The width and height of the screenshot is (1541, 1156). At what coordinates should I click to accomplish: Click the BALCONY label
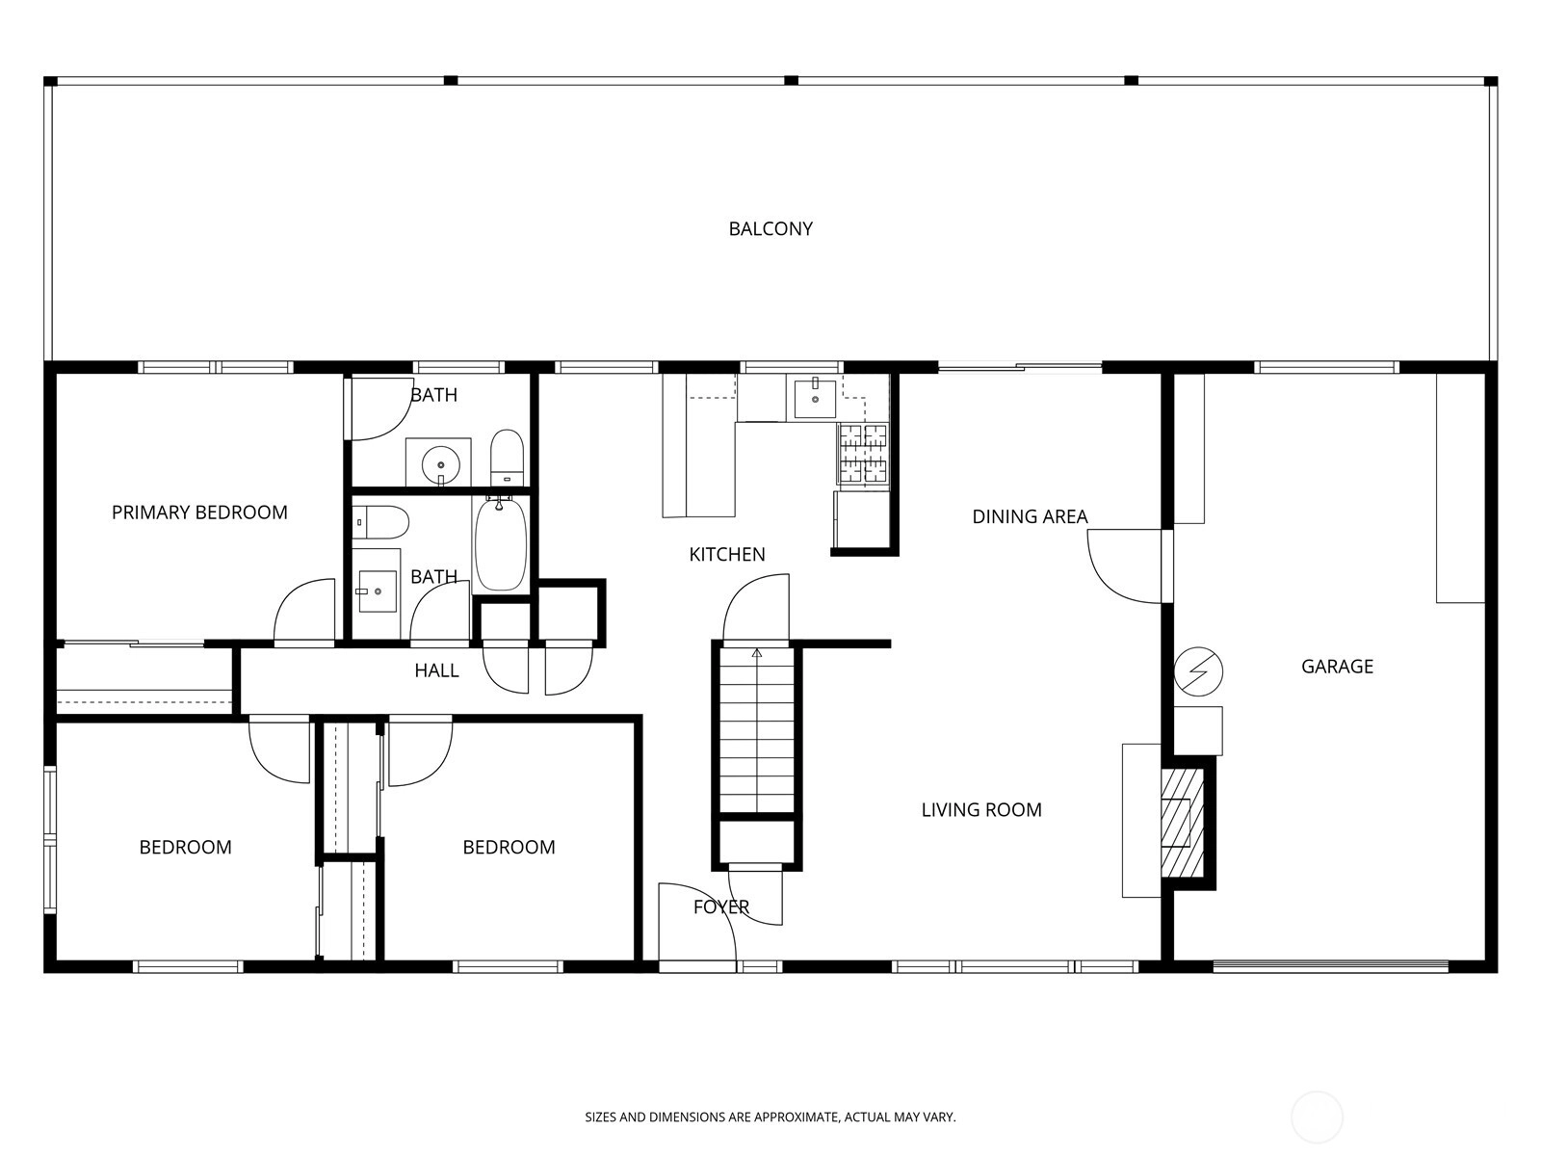pos(770,229)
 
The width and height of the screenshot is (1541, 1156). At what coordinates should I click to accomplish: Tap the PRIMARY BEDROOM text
pos(199,512)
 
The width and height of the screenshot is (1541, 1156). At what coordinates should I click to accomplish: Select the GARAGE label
pos(1337,666)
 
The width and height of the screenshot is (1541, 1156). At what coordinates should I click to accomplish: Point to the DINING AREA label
pos(1030,516)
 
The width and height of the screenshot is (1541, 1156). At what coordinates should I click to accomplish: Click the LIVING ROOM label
pos(980,810)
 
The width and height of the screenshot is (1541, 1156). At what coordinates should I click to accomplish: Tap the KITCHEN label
pos(726,555)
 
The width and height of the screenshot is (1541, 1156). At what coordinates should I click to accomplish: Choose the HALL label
pos(436,671)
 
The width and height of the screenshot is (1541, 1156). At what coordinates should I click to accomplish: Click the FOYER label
pos(721,906)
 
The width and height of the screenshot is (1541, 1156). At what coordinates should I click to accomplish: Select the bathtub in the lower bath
pos(501,544)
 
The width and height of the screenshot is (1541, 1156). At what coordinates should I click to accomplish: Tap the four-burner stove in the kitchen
pos(863,454)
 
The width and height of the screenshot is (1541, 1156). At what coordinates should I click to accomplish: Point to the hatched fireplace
pos(1183,824)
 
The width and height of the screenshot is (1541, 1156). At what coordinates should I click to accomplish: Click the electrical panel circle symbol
pos(1198,671)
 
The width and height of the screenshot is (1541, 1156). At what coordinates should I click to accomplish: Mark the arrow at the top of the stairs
pos(757,653)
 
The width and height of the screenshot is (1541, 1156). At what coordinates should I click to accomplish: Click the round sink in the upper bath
pos(440,464)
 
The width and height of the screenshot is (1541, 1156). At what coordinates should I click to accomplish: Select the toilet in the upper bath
pos(507,457)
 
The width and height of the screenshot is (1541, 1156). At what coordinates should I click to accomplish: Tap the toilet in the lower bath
pos(379,522)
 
